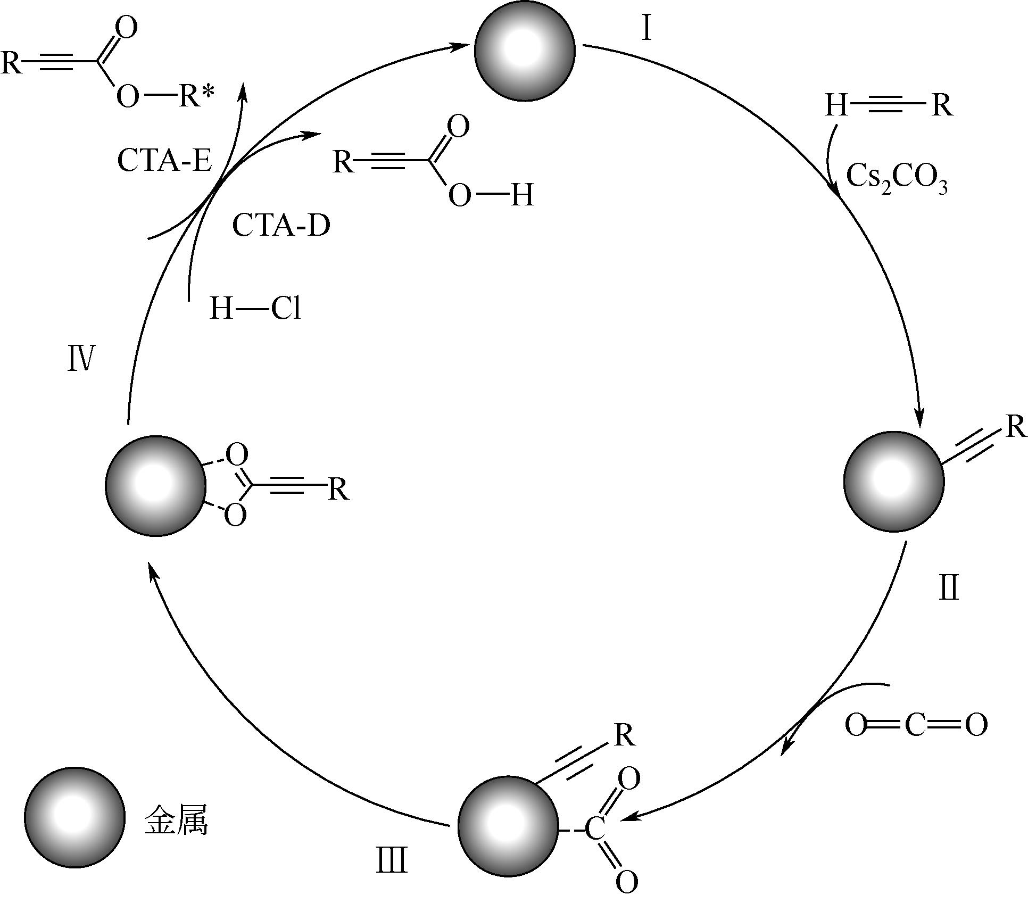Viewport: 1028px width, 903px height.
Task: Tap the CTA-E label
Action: [x=164, y=160]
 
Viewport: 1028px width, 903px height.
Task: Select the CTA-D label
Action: [x=281, y=226]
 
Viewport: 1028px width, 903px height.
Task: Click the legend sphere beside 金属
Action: [x=74, y=816]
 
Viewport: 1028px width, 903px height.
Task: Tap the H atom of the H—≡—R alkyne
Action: [x=836, y=105]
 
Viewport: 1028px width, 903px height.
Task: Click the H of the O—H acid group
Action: [x=522, y=195]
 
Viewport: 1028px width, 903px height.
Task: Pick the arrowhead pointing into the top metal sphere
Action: [x=458, y=47]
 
